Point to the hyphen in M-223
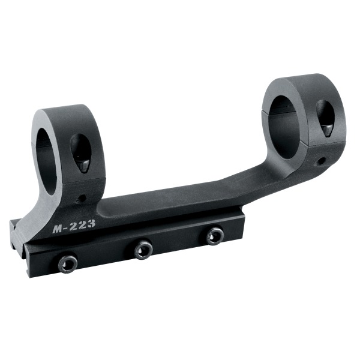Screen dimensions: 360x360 point(67,227)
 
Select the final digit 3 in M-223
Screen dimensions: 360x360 point(90,223)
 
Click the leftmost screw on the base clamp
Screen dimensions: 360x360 point(68,265)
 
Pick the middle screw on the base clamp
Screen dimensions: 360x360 point(143,250)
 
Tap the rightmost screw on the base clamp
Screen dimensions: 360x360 point(215,236)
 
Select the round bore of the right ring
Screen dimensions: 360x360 point(284,127)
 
